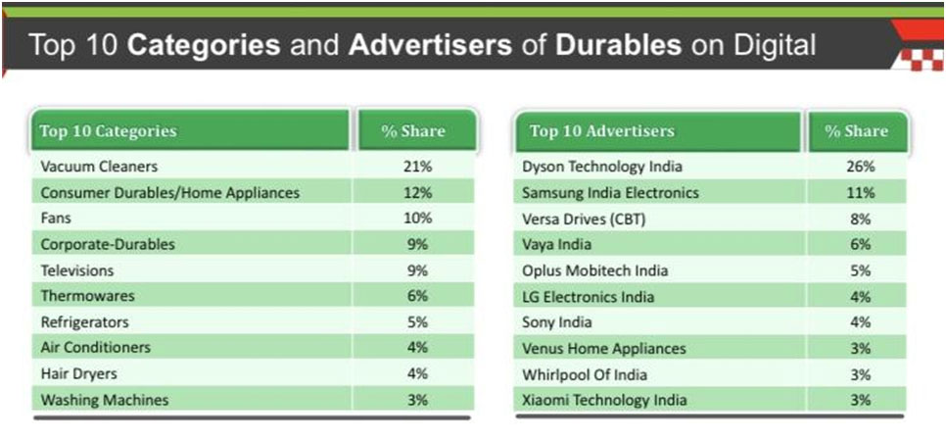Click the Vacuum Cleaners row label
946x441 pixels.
[x=99, y=167]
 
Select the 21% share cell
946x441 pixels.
[x=417, y=167]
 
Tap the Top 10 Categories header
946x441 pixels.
[x=109, y=131]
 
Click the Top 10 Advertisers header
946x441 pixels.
[x=602, y=131]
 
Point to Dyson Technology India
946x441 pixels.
[x=602, y=167]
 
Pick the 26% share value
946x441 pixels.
[x=860, y=167]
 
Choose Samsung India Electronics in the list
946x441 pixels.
[x=611, y=193]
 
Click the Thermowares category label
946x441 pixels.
[x=88, y=296]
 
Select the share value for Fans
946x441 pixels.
[x=417, y=219]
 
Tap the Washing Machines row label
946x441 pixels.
[x=105, y=400]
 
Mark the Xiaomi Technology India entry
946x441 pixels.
[x=605, y=400]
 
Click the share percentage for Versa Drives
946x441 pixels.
[x=860, y=219]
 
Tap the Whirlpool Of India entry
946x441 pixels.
[x=585, y=374]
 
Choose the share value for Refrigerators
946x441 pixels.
[x=417, y=322]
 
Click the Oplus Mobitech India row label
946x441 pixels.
[x=595, y=270]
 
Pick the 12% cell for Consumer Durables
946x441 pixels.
[x=417, y=193]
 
